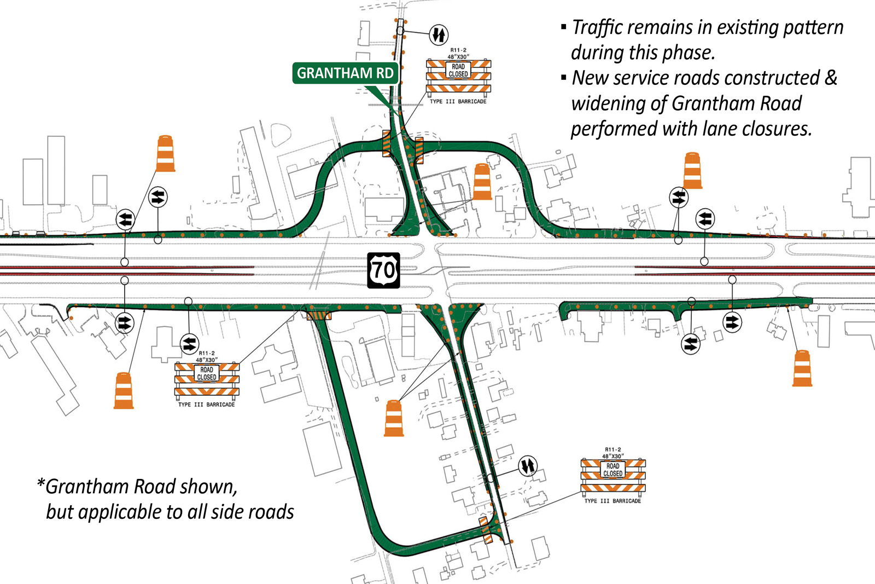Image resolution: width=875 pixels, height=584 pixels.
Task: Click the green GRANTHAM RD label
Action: coord(345,73)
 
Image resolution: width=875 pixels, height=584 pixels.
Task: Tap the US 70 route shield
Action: coord(383,270)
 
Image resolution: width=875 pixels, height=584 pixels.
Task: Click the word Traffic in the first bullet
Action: coord(598,27)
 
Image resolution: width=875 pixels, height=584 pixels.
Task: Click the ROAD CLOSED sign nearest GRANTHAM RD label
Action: coord(458,71)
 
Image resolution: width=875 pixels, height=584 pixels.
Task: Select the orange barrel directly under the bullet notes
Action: coord(692,170)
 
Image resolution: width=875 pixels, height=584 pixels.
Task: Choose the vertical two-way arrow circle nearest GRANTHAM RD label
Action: coord(438,34)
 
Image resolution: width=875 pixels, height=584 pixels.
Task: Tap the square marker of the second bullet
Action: coord(564,78)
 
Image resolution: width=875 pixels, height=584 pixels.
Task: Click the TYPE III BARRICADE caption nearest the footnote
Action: coord(206,404)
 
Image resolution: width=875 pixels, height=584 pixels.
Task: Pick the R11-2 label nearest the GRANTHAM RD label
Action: coord(458,50)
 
